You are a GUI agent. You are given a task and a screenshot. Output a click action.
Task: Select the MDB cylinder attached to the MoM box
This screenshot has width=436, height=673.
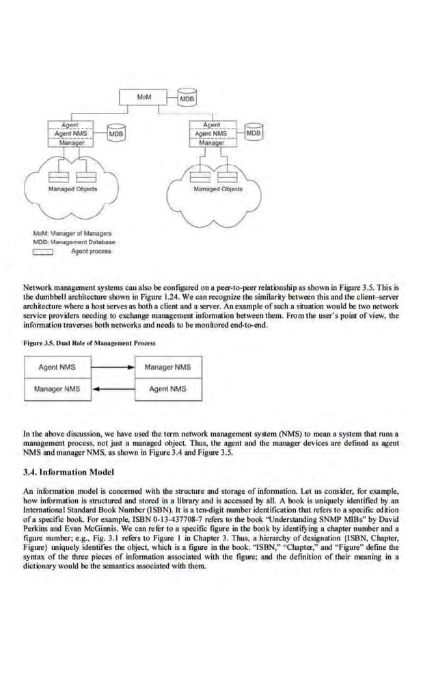(187, 98)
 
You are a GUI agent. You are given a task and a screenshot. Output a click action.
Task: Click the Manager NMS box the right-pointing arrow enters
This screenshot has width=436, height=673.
(168, 367)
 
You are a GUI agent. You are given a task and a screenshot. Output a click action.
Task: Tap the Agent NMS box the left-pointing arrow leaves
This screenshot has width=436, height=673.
(168, 389)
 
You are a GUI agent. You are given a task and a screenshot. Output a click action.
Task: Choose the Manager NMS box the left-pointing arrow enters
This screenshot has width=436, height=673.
(57, 389)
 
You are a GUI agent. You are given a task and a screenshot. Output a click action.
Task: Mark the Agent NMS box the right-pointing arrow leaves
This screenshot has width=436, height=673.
(57, 367)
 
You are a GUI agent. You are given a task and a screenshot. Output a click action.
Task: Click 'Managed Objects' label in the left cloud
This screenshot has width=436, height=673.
(72, 188)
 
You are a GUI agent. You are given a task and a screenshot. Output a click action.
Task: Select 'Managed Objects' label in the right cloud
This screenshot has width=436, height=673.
(217, 188)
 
